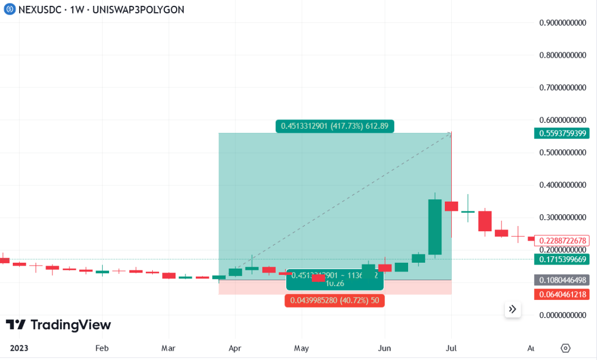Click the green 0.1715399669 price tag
(561, 259)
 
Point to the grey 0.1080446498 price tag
(561, 280)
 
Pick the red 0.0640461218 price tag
(561, 294)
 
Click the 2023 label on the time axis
(19, 348)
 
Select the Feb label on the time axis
(101, 348)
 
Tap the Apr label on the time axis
(235, 348)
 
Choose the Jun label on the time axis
(385, 348)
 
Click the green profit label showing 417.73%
(335, 125)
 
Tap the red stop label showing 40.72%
(335, 301)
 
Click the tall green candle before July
(435, 227)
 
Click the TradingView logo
(58, 325)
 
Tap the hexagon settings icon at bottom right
(565, 348)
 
